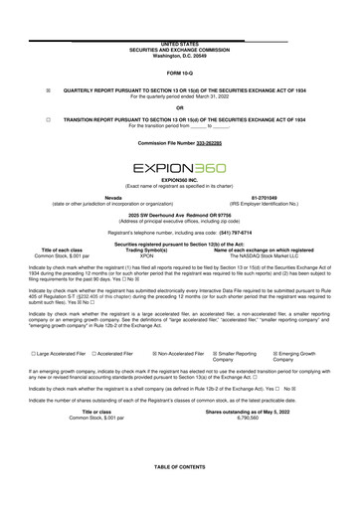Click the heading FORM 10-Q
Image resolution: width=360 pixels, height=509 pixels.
tap(179, 75)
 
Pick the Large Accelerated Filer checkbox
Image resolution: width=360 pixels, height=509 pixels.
tap(34, 353)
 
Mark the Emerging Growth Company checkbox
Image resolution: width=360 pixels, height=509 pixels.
tap(272, 353)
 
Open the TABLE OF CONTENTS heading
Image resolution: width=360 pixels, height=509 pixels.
tap(179, 494)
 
